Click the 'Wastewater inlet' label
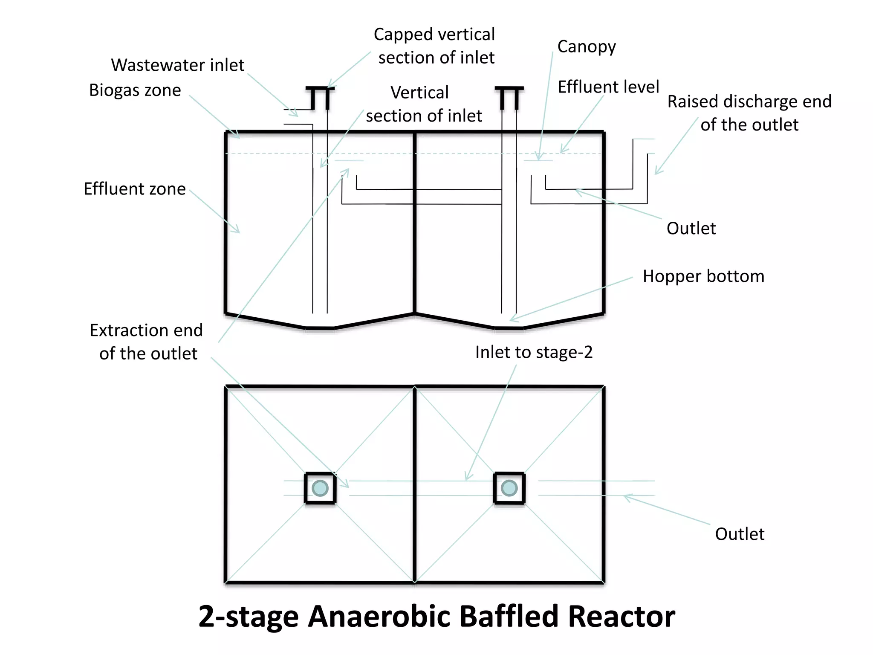click(177, 65)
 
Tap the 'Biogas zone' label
click(135, 90)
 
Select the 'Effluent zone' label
click(134, 189)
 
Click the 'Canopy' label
click(586, 46)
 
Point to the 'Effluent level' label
click(608, 87)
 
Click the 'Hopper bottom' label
click(703, 276)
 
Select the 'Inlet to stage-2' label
click(534, 353)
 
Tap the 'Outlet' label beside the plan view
click(740, 534)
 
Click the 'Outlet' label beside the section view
click(691, 229)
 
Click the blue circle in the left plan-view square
click(320, 488)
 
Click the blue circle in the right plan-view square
click(509, 488)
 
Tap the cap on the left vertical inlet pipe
click(320, 89)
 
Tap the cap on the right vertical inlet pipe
click(509, 89)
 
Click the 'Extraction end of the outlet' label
click(146, 342)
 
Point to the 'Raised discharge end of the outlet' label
click(749, 113)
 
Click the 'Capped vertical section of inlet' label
click(435, 46)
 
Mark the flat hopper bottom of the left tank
click(320, 328)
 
